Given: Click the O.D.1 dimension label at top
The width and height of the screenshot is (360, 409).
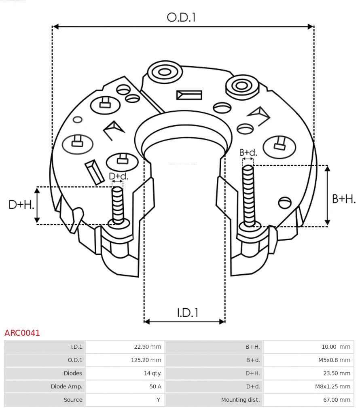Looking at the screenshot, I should [181, 17].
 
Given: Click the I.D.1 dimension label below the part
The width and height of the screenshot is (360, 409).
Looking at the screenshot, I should [187, 312].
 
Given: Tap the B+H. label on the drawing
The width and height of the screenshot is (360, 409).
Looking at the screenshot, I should [344, 199].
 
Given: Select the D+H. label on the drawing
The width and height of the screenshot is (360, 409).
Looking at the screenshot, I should [21, 205].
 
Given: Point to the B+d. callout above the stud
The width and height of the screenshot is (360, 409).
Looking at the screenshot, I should [248, 153].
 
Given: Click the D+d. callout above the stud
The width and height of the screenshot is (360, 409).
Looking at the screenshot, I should [119, 176].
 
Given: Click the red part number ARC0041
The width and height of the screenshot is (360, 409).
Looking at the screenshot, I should [22, 333].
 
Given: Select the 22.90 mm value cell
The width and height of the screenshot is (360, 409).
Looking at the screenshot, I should [148, 347].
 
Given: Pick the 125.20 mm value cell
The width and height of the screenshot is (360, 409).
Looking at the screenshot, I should [146, 360].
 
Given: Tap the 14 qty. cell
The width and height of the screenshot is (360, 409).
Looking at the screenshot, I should [152, 373].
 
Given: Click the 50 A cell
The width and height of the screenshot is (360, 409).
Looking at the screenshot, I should [155, 386].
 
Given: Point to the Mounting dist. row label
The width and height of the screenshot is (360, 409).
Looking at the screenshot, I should [240, 400].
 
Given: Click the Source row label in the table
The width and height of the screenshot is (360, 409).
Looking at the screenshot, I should [73, 400].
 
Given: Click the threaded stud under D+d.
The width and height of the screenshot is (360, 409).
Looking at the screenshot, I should [118, 205].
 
